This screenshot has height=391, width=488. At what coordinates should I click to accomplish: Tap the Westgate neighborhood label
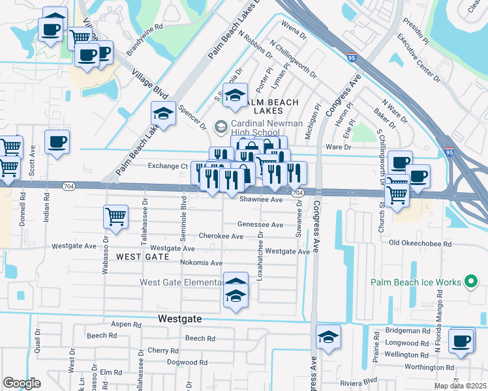180,319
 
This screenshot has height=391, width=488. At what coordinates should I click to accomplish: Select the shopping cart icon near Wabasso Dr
115,216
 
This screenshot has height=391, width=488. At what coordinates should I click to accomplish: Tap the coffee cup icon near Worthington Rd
462,340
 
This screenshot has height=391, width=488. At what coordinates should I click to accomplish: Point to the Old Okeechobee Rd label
420,243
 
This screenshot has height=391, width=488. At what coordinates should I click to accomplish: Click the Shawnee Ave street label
261,199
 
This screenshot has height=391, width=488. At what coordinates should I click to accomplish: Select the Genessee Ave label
260,224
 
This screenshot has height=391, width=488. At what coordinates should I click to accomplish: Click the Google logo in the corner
22,383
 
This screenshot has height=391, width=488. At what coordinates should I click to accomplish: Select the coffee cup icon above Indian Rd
57,141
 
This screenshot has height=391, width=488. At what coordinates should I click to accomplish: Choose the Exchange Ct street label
168,166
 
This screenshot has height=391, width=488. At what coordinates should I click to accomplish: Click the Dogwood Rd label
187,362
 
